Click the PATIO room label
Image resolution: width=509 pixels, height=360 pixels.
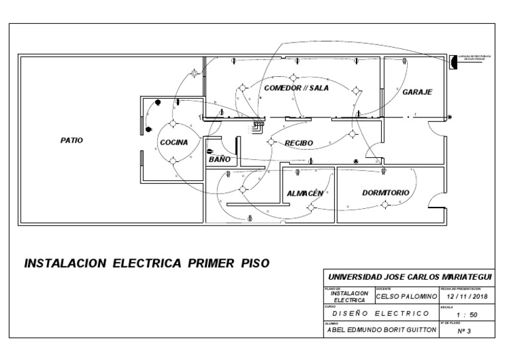point(72,140)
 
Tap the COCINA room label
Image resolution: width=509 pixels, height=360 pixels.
point(173,142)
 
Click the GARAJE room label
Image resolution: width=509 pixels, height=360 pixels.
point(417,92)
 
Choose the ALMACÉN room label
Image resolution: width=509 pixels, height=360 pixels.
point(306,193)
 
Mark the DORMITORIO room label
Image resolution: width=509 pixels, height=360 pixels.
point(385,193)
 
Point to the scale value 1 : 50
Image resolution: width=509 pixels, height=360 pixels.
point(465,314)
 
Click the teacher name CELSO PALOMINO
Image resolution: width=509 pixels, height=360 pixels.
point(406,298)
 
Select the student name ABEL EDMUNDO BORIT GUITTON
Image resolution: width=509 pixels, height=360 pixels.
point(381,330)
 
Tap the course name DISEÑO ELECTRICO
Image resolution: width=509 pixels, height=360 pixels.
point(380,313)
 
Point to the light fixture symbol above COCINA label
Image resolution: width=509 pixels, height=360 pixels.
point(173,124)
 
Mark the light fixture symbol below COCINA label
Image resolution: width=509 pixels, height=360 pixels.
point(173,160)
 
